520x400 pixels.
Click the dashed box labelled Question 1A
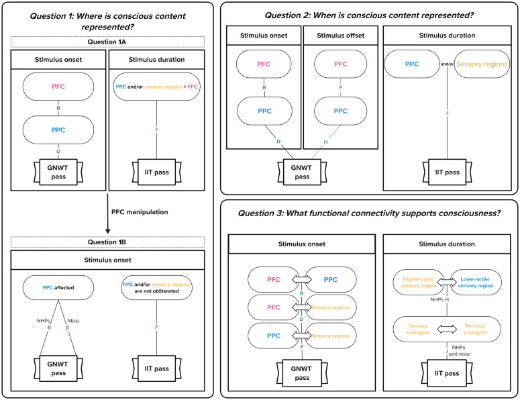click(x=107, y=42)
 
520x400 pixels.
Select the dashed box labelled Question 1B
click(x=107, y=242)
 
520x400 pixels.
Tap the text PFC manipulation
click(x=140, y=212)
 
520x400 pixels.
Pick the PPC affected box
click(x=58, y=287)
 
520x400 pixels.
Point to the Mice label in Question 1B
click(x=73, y=321)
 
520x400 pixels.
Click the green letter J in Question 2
click(x=447, y=113)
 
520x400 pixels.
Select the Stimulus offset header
click(x=341, y=36)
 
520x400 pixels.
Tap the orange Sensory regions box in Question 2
click(x=482, y=64)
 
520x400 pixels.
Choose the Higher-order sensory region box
click(x=418, y=283)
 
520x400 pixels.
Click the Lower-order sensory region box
click(x=476, y=283)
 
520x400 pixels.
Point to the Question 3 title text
click(x=369, y=213)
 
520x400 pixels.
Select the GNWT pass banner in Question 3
click(x=302, y=373)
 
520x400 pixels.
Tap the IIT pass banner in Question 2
click(x=447, y=172)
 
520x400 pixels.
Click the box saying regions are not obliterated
click(x=156, y=287)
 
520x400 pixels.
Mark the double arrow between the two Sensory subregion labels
click(x=447, y=329)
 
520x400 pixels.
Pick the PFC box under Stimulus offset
click(x=341, y=64)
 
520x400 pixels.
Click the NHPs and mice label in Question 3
click(x=459, y=350)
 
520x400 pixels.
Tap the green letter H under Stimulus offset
click(x=325, y=142)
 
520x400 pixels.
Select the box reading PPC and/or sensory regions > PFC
click(x=156, y=87)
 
